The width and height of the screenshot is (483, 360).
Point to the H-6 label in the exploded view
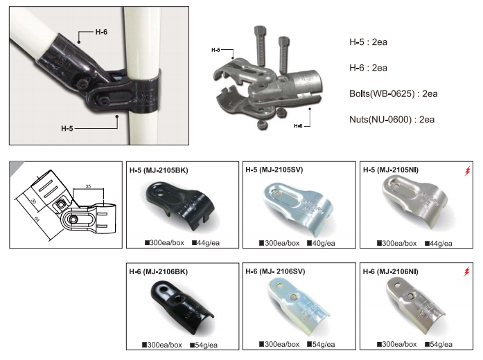298,125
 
